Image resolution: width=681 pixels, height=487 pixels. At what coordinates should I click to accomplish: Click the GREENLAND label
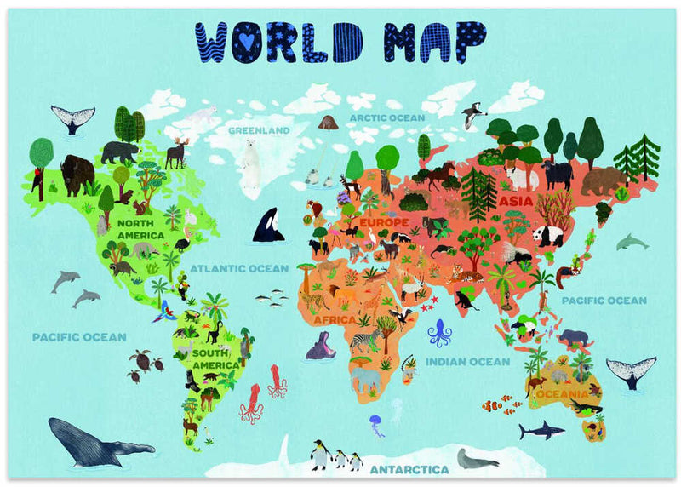[x=259, y=130]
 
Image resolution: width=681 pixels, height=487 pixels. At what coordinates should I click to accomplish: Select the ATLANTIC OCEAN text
[x=239, y=268]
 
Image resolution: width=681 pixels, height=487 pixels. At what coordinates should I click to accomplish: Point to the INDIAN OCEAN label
[x=467, y=362]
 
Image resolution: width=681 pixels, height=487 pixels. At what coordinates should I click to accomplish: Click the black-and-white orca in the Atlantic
[x=268, y=226]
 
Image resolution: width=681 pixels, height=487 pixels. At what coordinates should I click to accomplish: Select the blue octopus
[x=439, y=332]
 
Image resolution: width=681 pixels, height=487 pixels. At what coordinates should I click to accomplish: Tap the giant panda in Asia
[x=549, y=234]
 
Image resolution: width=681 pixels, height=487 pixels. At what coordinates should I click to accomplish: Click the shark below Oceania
[x=541, y=430]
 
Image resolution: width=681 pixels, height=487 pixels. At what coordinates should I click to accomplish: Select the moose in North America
[x=176, y=152]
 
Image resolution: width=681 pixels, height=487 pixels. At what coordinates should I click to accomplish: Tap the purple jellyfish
[x=375, y=424]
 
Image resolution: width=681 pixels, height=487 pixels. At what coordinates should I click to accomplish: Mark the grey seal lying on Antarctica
[x=477, y=459]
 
